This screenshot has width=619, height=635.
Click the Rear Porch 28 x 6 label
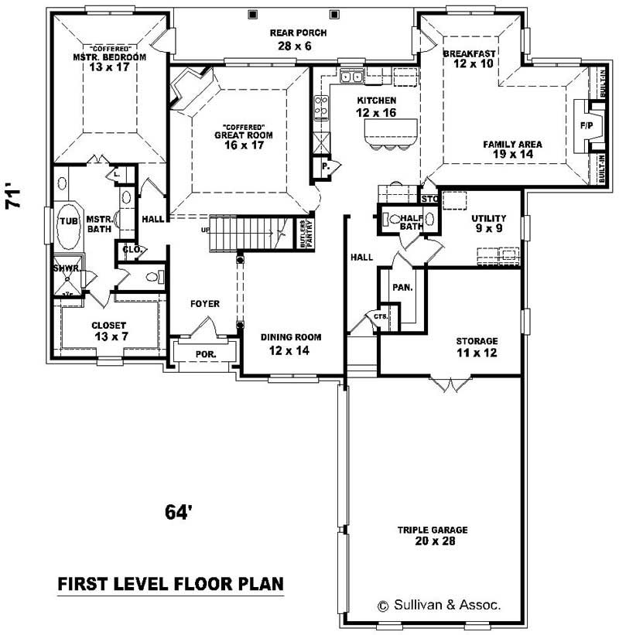click(x=298, y=39)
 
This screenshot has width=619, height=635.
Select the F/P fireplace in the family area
click(x=587, y=125)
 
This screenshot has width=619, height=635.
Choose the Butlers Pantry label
click(x=304, y=233)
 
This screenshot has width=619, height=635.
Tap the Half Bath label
click(x=411, y=221)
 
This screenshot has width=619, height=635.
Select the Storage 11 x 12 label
click(x=476, y=347)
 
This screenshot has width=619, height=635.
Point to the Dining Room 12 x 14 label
click(x=290, y=343)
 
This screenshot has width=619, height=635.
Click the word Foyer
click(x=205, y=304)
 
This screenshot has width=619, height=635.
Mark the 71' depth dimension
click(x=13, y=197)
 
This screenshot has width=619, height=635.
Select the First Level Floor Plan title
click(x=170, y=583)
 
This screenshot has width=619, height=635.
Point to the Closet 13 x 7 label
click(x=109, y=331)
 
